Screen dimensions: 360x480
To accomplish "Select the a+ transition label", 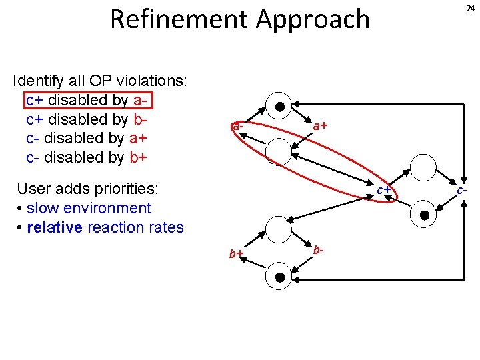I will (x=320, y=125).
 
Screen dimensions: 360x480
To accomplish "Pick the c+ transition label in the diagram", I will (x=383, y=190).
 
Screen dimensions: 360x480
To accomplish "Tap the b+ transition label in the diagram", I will (x=236, y=254).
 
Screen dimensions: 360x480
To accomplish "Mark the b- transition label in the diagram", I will (x=319, y=250).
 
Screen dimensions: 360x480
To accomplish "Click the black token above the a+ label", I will (x=280, y=107).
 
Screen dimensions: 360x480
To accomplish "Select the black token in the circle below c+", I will (x=425, y=215).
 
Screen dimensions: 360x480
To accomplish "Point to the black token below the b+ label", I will (x=280, y=277).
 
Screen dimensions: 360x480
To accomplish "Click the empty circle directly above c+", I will (x=423, y=167).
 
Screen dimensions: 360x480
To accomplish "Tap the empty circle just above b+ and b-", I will (x=279, y=229).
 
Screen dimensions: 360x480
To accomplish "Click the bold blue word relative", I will (x=55, y=227).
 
